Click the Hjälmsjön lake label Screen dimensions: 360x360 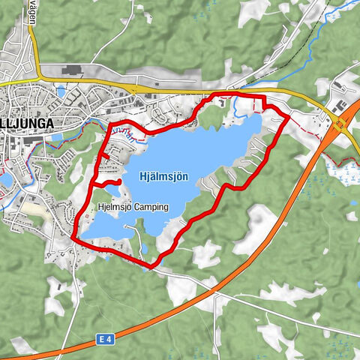[x=163, y=177]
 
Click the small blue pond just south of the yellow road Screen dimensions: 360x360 [x=61, y=92]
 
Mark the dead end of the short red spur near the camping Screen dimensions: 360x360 [x=119, y=181]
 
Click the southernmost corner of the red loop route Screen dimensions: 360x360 [x=152, y=265]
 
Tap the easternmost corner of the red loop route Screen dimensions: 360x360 [x=289, y=117]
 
